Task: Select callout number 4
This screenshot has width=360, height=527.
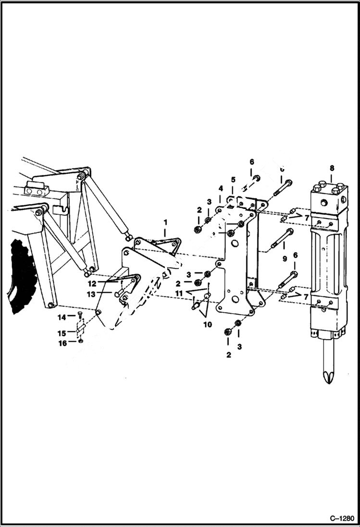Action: (x=221, y=188)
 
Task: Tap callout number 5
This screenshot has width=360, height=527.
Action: (x=233, y=180)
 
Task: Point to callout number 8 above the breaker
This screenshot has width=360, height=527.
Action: (x=332, y=168)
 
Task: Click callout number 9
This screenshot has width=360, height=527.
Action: (x=285, y=258)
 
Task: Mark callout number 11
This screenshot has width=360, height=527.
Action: (x=179, y=293)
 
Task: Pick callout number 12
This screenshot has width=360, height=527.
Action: (x=92, y=283)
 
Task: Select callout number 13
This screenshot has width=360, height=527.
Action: (x=92, y=294)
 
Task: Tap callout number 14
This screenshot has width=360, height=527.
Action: (x=62, y=317)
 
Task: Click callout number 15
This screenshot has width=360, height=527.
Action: (x=62, y=333)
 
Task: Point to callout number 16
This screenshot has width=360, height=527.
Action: (x=62, y=343)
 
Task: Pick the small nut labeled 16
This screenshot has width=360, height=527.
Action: (x=81, y=341)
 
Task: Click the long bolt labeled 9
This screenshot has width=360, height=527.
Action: (x=282, y=240)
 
